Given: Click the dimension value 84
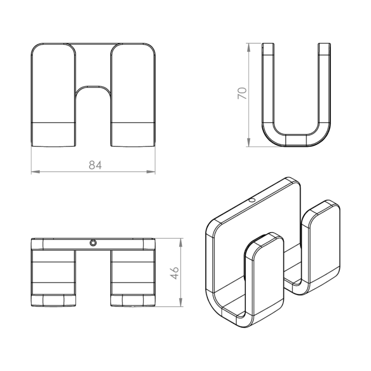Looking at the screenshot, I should tap(94, 165).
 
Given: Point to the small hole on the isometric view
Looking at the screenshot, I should tap(252, 200).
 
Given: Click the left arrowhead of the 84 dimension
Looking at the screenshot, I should tap(34, 172).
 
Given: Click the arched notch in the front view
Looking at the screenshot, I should tap(93, 93).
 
